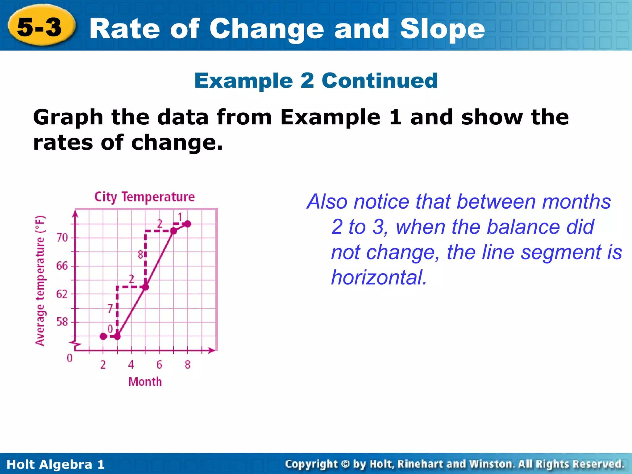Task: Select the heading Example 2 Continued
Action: click(316, 81)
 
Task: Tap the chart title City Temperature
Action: click(144, 197)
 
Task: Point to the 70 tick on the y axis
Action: click(62, 238)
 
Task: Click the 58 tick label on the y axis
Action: click(62, 322)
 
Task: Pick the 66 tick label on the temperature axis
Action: click(62, 266)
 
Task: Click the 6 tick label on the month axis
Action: click(159, 365)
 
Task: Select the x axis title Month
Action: click(145, 382)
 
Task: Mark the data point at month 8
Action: click(187, 224)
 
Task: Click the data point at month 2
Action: click(103, 336)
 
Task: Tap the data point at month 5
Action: click(146, 287)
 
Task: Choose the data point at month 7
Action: click(173, 231)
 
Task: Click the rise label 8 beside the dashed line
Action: click(140, 255)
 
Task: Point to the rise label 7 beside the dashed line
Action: click(110, 308)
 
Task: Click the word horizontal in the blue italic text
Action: click(379, 277)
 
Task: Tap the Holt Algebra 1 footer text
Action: click(56, 464)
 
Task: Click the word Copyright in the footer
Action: click(311, 464)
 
